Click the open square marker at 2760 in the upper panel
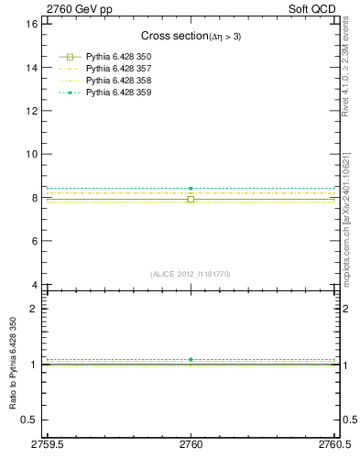click(191, 199)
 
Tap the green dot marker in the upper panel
click(191, 189)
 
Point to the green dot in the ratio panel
click(191, 360)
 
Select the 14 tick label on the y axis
click(30, 67)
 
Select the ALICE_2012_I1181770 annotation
click(191, 274)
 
